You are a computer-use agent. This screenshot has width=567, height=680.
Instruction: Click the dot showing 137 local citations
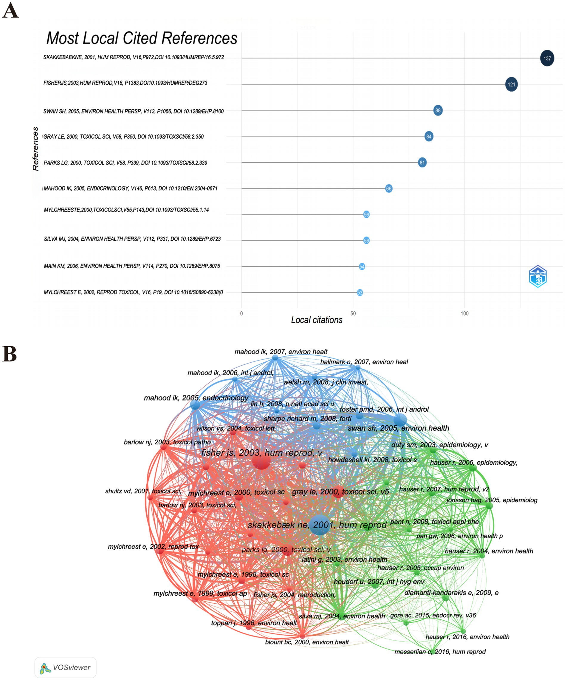(547, 58)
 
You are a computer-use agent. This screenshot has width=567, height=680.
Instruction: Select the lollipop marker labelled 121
(511, 84)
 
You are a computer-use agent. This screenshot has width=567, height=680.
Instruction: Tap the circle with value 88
(438, 110)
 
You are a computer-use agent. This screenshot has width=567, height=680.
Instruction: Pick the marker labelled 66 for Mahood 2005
(389, 188)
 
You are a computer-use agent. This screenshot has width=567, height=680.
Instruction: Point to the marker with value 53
(360, 293)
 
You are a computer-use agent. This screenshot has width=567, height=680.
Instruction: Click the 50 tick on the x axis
(353, 313)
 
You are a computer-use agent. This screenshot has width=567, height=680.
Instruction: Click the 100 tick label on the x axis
(464, 313)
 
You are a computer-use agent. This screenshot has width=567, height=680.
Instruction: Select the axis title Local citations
(317, 320)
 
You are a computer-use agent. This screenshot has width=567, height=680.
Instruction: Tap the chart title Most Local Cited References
(142, 38)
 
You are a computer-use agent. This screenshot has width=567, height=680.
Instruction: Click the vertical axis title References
(35, 149)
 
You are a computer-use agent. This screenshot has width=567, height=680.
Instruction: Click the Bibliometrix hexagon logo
(538, 276)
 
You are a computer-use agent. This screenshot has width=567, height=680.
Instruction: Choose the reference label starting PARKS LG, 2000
(125, 163)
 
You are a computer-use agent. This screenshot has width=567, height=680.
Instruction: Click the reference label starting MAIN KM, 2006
(132, 266)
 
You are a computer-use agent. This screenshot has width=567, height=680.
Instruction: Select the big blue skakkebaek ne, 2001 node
(320, 524)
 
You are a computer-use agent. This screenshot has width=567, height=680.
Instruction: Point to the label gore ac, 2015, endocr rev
(433, 615)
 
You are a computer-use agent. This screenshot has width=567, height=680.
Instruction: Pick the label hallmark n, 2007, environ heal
(364, 362)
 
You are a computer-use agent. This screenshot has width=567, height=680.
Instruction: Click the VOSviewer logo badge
(65, 667)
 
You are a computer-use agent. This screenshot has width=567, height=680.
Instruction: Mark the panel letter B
(10, 354)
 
